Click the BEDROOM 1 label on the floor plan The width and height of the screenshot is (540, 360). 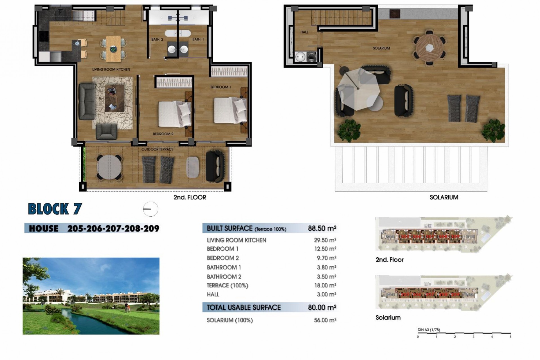220,87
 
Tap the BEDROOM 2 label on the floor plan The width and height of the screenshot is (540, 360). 163,134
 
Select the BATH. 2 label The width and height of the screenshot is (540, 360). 157,39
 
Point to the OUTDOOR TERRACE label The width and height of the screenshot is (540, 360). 157,149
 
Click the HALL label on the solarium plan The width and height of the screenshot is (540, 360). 304,32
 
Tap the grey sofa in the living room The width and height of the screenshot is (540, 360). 87,101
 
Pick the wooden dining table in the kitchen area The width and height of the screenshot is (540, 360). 114,49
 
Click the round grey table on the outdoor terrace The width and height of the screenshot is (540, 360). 109,168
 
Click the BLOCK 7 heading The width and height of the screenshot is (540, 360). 55,209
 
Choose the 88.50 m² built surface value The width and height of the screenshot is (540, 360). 322,228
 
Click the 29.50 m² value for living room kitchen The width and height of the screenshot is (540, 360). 325,240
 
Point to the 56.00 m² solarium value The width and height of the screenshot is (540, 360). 325,320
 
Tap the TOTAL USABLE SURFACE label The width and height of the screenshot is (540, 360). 244,307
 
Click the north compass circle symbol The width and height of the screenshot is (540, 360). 150,209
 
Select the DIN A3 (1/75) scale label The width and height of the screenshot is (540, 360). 429,330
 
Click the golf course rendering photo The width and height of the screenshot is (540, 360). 91,296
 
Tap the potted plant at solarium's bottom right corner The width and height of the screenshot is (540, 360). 493,130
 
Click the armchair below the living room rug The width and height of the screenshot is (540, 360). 106,132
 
